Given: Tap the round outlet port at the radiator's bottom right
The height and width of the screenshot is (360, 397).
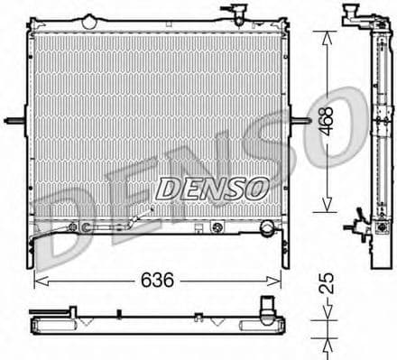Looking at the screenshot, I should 267,230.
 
